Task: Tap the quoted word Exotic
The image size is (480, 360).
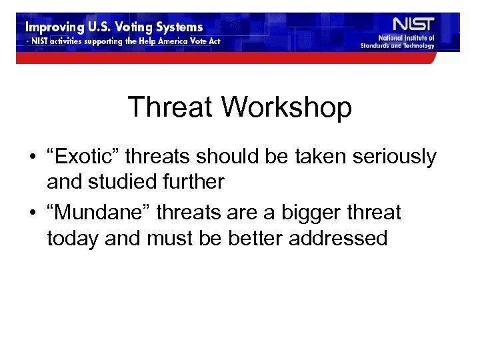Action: (x=84, y=157)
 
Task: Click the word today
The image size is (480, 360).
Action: (x=71, y=238)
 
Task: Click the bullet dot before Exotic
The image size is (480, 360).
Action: (x=32, y=158)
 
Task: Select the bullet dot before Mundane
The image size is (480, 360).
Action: (x=32, y=214)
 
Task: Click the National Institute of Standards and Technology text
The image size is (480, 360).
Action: (x=407, y=42)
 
